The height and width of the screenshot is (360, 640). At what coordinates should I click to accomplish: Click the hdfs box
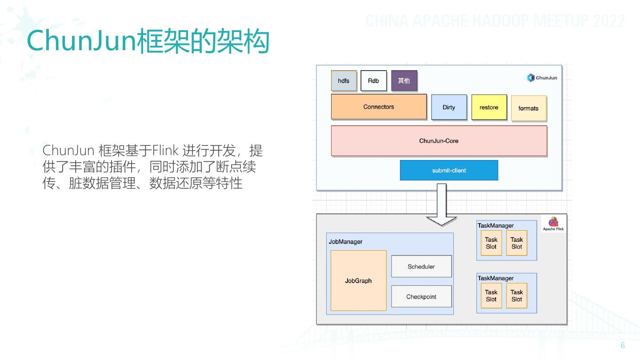(344, 81)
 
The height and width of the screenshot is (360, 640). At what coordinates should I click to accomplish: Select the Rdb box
(373, 81)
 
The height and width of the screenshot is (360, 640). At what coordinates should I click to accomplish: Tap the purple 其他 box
(404, 81)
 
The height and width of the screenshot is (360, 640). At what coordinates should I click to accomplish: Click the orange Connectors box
(379, 107)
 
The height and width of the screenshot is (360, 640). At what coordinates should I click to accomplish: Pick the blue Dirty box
(449, 107)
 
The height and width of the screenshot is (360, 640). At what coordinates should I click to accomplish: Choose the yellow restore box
(489, 107)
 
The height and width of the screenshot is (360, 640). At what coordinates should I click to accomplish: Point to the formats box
(528, 108)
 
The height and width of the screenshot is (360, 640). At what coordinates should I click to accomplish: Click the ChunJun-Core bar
(439, 141)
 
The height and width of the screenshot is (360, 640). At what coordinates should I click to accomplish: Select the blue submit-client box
(449, 170)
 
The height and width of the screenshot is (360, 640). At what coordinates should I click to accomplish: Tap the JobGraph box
(358, 280)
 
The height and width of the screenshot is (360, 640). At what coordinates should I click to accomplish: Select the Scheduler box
(421, 267)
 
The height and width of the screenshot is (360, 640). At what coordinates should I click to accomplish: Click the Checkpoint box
(421, 297)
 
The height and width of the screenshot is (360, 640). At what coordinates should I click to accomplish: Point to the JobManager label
(345, 242)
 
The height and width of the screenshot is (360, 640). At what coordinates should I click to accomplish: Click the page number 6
(623, 346)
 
